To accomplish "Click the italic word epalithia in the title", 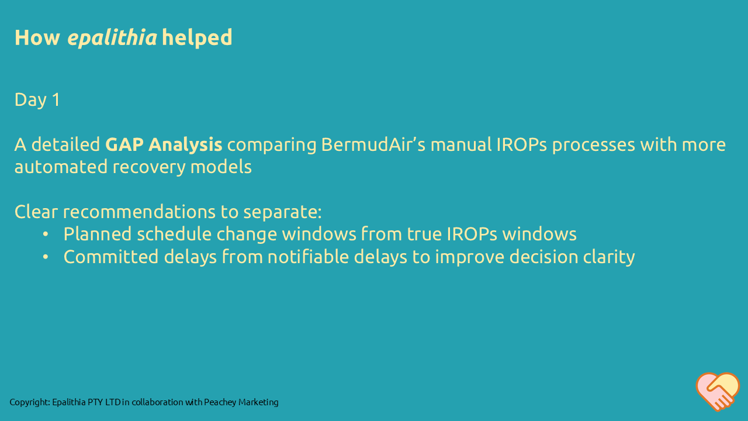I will [x=112, y=37].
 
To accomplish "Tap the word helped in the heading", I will [x=197, y=37].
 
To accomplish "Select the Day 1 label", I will [x=37, y=99].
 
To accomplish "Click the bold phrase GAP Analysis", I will [x=164, y=144].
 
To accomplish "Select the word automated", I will [x=60, y=167].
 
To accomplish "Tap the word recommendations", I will [x=144, y=212].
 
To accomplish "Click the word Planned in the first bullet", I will [x=98, y=234].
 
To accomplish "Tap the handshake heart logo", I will [x=718, y=391].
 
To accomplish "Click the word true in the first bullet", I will [x=424, y=234].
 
